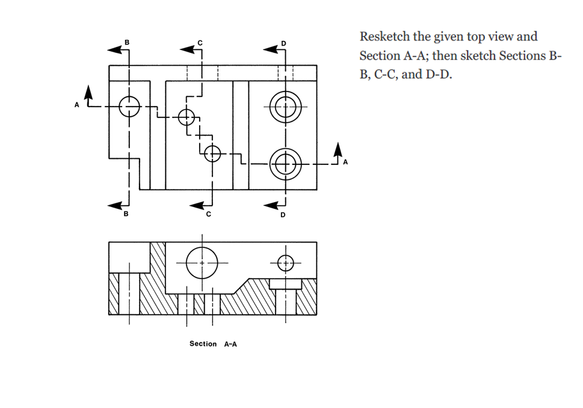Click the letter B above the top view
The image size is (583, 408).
[x=126, y=42]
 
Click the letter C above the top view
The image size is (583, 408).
[x=200, y=42]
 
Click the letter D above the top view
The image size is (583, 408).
[x=284, y=43]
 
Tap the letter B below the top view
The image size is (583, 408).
[x=126, y=214]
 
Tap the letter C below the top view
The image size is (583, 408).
[x=209, y=214]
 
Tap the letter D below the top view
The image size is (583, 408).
[x=283, y=215]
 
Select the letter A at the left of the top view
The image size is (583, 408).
[x=77, y=105]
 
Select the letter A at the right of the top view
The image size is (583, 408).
[x=345, y=162]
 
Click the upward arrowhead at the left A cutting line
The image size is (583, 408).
[x=89, y=92]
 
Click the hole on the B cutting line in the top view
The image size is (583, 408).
[x=129, y=107]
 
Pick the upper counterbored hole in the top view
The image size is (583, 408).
[x=285, y=107]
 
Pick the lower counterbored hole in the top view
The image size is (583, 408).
[x=285, y=163]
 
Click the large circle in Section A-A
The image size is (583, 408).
[x=202, y=263]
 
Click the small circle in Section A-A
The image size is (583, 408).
[x=285, y=262]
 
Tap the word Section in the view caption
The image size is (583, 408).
[x=203, y=344]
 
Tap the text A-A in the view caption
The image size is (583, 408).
[x=230, y=344]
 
